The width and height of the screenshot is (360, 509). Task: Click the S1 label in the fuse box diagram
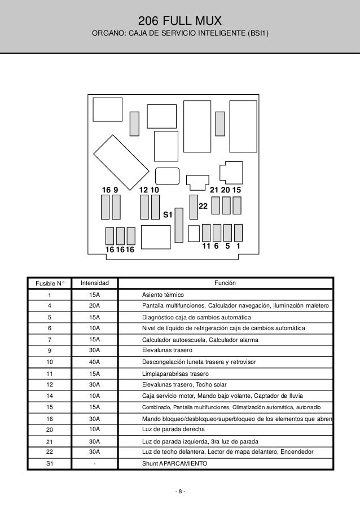pyautogui.click(x=168, y=215)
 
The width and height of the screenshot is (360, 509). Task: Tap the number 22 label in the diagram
pyautogui.click(x=204, y=208)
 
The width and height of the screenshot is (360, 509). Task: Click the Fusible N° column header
pyautogui.click(x=49, y=283)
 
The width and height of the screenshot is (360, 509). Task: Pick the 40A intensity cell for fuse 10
pyautogui.click(x=95, y=361)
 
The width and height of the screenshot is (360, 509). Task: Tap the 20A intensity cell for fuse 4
pyautogui.click(x=95, y=305)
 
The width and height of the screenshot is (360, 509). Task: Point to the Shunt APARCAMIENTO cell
pyautogui.click(x=174, y=463)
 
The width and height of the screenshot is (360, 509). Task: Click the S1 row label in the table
pyautogui.click(x=49, y=463)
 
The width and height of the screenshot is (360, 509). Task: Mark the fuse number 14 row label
pyautogui.click(x=49, y=396)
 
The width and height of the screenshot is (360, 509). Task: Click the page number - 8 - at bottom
pyautogui.click(x=180, y=491)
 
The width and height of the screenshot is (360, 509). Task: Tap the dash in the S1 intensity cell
pyautogui.click(x=95, y=463)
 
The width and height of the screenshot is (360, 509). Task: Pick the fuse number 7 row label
pyautogui.click(x=49, y=339)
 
